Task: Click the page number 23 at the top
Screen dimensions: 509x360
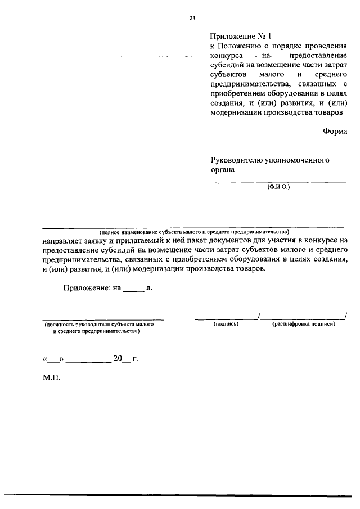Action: coord(192,18)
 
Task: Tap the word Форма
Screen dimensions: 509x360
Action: coord(335,131)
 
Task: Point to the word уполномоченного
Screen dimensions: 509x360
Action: coord(300,160)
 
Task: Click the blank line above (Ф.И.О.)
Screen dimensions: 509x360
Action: coord(278,182)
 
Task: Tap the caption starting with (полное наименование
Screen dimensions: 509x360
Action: coord(194,232)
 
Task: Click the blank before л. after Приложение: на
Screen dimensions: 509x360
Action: coord(133,289)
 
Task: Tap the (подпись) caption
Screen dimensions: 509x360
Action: coord(226,325)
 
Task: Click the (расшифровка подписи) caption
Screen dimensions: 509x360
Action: coord(304,325)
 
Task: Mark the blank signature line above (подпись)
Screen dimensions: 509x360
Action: coord(226,318)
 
